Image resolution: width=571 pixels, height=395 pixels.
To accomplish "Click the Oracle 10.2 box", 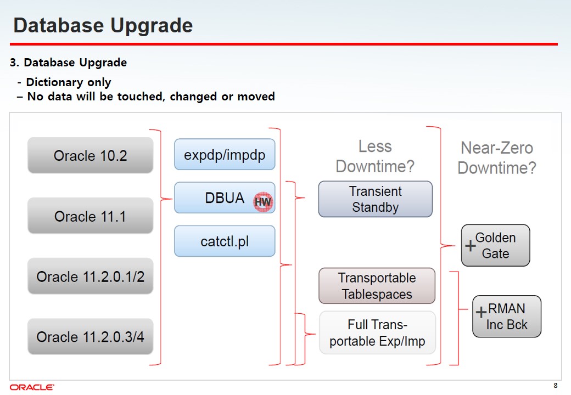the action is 90,155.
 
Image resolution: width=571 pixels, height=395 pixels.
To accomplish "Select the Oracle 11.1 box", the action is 90,216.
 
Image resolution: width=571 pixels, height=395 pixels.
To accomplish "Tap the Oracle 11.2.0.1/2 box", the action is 90,276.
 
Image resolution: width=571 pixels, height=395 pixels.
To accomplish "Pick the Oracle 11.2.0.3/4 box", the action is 90,336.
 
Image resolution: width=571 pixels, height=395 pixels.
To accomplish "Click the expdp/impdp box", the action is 225,154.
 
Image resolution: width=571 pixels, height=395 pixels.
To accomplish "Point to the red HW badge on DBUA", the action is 262,202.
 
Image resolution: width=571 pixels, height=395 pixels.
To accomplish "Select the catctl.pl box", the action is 225,241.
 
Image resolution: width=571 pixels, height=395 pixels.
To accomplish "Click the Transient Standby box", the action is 376,199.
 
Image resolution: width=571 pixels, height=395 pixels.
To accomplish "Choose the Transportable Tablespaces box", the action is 377,286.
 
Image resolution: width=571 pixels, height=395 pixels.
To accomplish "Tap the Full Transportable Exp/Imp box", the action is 377,332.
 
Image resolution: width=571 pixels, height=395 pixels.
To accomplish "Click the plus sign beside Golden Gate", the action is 471,246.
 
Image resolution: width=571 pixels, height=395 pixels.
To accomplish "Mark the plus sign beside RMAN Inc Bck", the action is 482,312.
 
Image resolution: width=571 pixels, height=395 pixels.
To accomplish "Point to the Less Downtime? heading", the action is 375,156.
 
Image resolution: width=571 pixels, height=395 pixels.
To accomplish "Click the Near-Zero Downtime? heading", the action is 497,158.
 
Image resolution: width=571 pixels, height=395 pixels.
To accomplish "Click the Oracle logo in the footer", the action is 32,387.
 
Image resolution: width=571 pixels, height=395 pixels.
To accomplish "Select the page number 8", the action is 555,386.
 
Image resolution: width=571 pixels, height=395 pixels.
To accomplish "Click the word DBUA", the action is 225,198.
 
